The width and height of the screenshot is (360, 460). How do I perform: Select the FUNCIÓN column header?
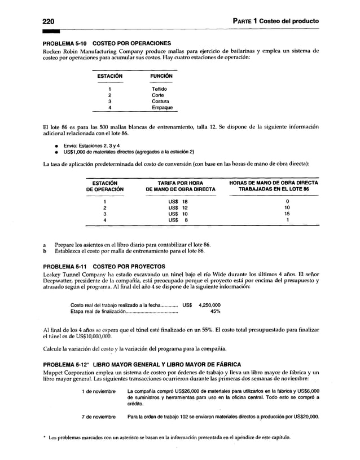(161, 76)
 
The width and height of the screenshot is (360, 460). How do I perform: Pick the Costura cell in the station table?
(161, 101)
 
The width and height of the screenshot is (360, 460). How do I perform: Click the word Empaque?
(162, 108)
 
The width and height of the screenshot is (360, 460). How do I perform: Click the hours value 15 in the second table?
(287, 214)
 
